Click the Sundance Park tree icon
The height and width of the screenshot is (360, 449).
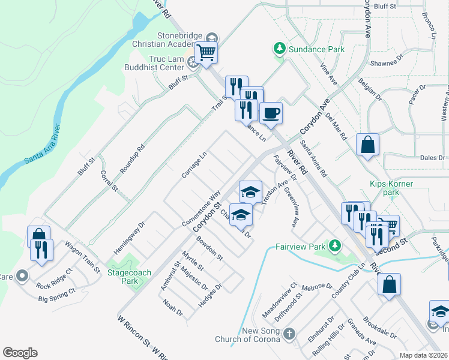[279, 48]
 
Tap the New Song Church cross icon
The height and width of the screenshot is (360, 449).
[289, 334]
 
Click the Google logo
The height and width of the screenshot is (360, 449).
[20, 353]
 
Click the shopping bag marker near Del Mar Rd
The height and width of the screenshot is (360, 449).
[367, 146]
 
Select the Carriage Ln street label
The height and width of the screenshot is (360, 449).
[193, 164]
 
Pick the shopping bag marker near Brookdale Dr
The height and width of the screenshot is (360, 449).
[390, 285]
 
